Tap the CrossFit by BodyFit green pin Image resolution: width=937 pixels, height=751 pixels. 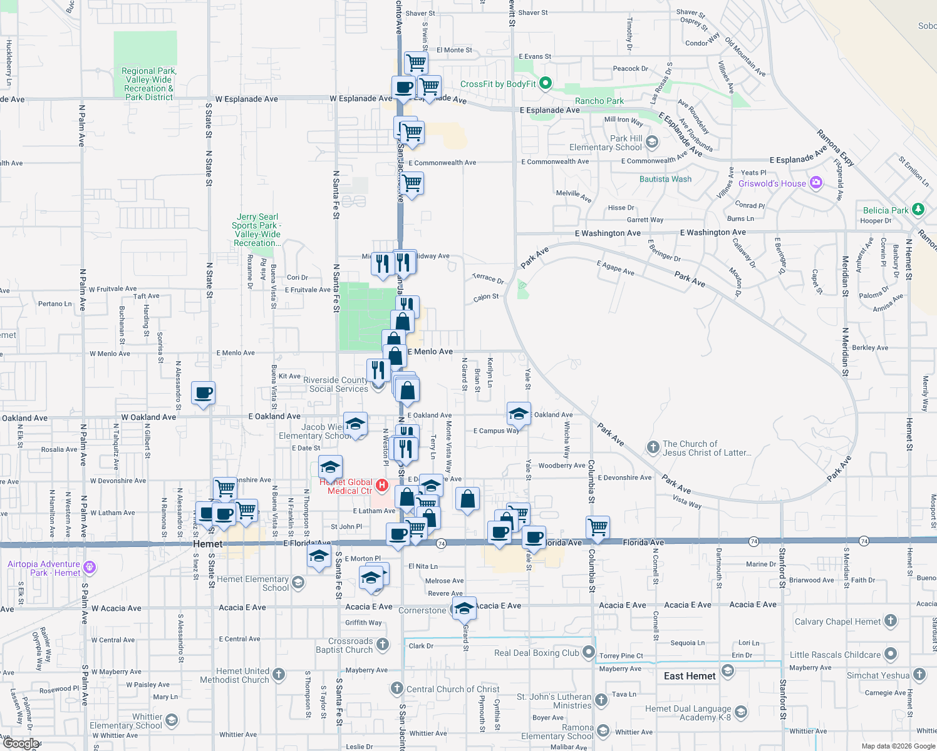[x=545, y=83]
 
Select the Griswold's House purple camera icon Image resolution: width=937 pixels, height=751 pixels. [x=815, y=183]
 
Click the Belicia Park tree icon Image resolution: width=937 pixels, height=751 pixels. [x=918, y=210]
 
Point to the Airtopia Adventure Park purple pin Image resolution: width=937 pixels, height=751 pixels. [x=90, y=568]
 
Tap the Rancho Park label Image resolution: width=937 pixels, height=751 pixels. [x=599, y=101]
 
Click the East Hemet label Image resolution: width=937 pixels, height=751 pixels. [x=690, y=676]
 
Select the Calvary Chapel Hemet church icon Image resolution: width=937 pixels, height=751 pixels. [x=890, y=621]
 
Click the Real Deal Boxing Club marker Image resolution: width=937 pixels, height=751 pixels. [x=588, y=653]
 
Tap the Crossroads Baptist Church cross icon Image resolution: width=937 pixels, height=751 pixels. [x=383, y=645]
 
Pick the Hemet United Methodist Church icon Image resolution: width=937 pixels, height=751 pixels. [x=279, y=675]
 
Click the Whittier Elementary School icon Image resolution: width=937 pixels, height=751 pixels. [x=171, y=720]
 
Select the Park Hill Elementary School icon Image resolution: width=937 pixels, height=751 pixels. [x=651, y=142]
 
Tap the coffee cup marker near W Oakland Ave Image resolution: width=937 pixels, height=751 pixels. [x=203, y=394]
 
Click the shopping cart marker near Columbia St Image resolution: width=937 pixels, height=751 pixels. [x=598, y=527]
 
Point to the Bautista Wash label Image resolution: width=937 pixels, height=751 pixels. [x=665, y=179]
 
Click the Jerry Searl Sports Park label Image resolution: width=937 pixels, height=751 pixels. [x=257, y=230]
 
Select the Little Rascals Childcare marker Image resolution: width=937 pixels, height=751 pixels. [x=890, y=655]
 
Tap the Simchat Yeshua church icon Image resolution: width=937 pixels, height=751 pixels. [x=919, y=675]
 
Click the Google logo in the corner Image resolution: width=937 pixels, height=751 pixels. [x=21, y=743]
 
